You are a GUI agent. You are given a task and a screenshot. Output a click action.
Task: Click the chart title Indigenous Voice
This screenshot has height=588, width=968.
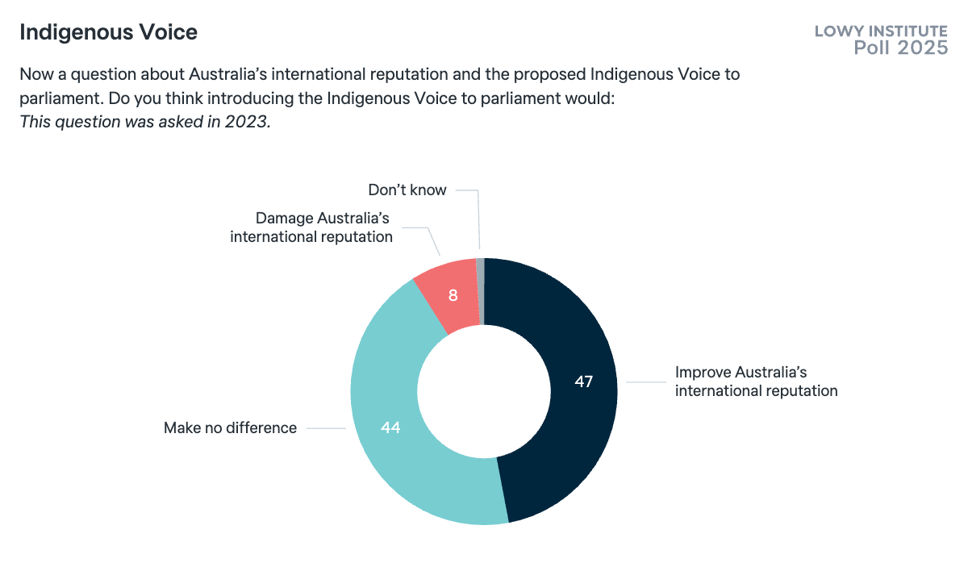click(108, 33)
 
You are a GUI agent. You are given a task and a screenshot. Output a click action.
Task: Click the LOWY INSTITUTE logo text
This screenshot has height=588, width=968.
click(881, 32)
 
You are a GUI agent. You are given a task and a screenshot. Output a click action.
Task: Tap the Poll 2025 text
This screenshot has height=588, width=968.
click(900, 48)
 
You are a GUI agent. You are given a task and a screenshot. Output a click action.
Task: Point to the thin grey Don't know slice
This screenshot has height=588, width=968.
click(481, 274)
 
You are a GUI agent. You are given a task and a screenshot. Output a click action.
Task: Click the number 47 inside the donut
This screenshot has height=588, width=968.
click(584, 382)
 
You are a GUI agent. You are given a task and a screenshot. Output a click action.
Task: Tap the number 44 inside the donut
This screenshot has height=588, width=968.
click(390, 428)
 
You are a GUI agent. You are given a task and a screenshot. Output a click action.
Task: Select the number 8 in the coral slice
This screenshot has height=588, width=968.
click(453, 295)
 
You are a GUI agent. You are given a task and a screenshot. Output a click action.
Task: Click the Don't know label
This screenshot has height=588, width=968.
click(407, 190)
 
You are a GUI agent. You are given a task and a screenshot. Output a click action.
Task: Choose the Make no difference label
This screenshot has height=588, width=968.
click(230, 428)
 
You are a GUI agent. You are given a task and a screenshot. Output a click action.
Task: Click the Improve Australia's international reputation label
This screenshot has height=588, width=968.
click(756, 382)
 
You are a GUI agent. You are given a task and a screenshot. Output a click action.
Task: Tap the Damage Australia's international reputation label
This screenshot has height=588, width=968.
click(311, 227)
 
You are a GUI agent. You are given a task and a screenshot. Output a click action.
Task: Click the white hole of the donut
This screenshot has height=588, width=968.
click(484, 391)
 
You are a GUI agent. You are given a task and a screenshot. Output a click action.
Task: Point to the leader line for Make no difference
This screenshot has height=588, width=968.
click(326, 428)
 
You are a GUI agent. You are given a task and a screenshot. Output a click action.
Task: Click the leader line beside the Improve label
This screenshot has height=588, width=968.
click(647, 382)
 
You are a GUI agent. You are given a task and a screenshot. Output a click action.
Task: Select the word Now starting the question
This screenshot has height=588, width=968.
click(35, 75)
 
